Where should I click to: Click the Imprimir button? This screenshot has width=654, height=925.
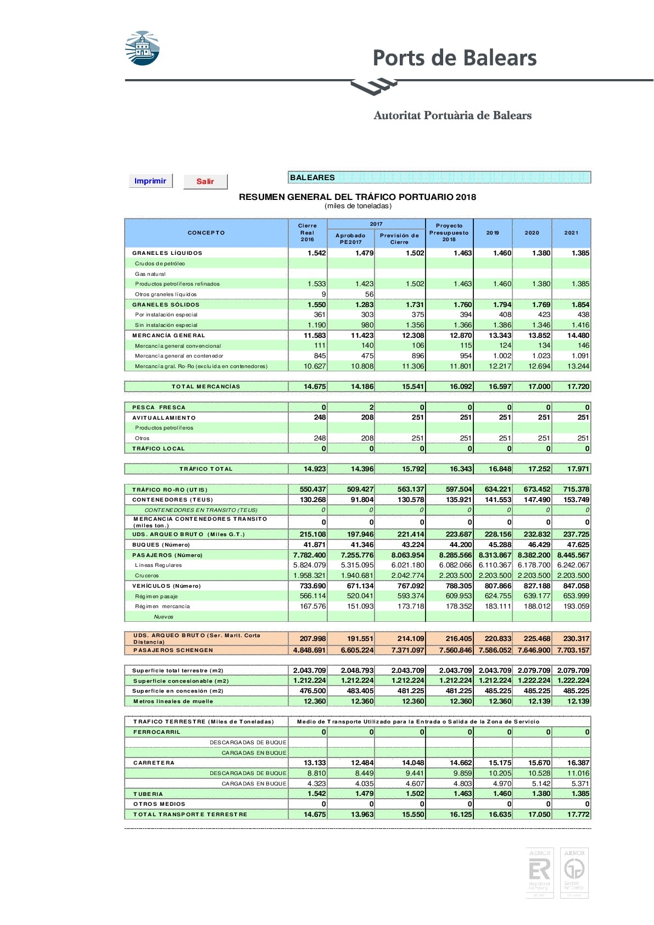[x=150, y=181]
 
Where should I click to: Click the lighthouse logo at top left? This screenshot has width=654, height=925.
[x=142, y=48]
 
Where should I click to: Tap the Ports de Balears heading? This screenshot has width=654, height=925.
[x=454, y=58]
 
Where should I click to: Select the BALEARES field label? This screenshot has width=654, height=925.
[x=312, y=177]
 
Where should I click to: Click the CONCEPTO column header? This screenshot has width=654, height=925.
[x=206, y=233]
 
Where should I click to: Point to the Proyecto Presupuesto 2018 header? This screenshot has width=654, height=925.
[x=449, y=232]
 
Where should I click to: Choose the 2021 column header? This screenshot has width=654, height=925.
[x=571, y=233]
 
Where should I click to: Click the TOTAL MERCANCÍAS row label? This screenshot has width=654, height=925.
[x=206, y=387]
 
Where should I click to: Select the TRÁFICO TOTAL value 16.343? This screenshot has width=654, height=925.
[x=461, y=469]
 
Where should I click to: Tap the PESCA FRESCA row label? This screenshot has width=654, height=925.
[x=159, y=408]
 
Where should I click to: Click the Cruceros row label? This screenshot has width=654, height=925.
[x=147, y=576]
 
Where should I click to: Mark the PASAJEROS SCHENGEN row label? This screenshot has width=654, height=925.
[x=173, y=650]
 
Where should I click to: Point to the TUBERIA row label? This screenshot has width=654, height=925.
[x=148, y=794]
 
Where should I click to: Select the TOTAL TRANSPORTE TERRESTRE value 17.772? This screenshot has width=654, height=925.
[x=578, y=815]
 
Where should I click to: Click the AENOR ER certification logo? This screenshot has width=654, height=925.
[x=539, y=873]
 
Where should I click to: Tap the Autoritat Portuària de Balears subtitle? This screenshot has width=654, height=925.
[x=452, y=115]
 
